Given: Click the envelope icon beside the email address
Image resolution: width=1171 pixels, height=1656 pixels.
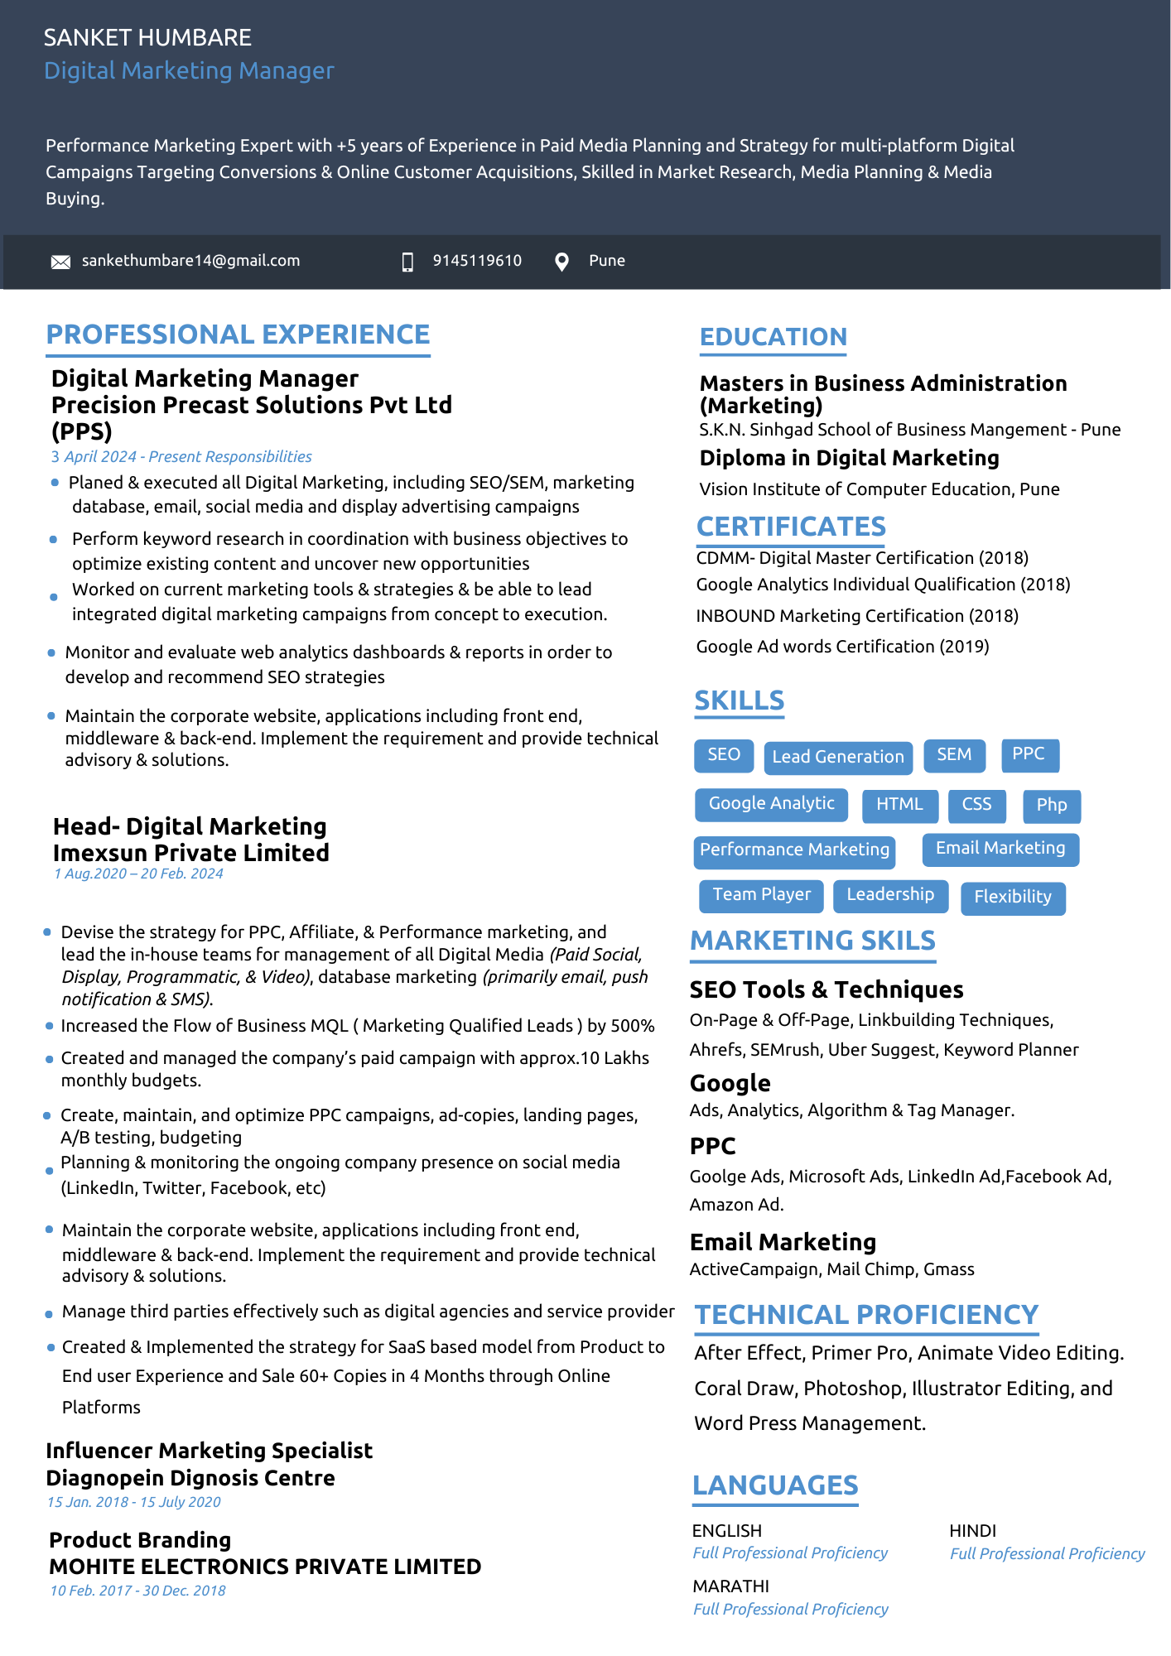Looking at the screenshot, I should (60, 262).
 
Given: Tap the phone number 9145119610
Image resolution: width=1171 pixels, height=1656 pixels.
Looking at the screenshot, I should (477, 261).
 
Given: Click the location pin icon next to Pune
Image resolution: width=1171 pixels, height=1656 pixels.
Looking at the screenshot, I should (561, 262).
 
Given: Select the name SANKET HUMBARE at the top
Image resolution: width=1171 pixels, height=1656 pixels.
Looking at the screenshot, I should (147, 38).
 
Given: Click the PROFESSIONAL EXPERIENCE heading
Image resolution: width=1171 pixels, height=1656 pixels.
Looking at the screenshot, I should (238, 335).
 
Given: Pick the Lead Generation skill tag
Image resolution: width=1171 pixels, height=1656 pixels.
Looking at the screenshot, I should (837, 757).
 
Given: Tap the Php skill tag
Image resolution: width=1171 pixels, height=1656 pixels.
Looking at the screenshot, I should (1051, 805).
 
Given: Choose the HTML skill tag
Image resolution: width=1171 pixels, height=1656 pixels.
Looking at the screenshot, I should (899, 804).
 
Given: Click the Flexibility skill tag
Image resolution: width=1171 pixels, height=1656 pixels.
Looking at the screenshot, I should (1012, 897).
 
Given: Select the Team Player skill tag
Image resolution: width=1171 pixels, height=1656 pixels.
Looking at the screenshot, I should (761, 894).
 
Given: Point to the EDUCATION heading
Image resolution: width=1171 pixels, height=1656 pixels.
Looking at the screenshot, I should (773, 337).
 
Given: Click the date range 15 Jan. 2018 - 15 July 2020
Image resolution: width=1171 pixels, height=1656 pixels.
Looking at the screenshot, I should (134, 1502).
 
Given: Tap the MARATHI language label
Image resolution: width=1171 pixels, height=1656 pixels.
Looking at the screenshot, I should (730, 1586).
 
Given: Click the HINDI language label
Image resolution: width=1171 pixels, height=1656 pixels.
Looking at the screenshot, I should (972, 1531).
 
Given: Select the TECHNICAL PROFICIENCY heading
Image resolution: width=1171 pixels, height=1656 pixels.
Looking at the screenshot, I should (865, 1315).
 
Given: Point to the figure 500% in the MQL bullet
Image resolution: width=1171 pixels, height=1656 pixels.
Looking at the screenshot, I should (632, 1026).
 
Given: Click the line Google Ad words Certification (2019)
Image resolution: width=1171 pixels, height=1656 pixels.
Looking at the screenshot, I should (842, 647).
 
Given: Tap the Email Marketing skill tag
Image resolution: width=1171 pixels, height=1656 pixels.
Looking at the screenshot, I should (1000, 848).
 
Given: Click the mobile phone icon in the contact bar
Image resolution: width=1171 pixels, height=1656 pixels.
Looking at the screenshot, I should (407, 262).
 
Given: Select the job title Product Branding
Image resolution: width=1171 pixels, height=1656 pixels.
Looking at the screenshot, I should (140, 1540).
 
